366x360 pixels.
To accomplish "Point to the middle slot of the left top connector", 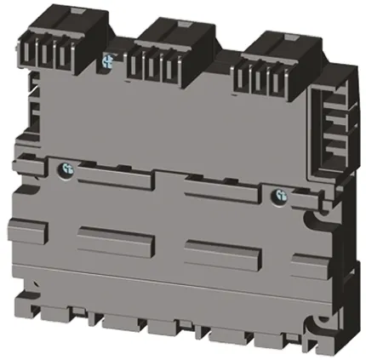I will pyautogui.click(x=49, y=56).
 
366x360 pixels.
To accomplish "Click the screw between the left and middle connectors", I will pyautogui.click(x=107, y=60).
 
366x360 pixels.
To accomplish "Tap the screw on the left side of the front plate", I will pyautogui.click(x=65, y=171).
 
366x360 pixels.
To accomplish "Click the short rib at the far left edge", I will pyautogui.click(x=23, y=230).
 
